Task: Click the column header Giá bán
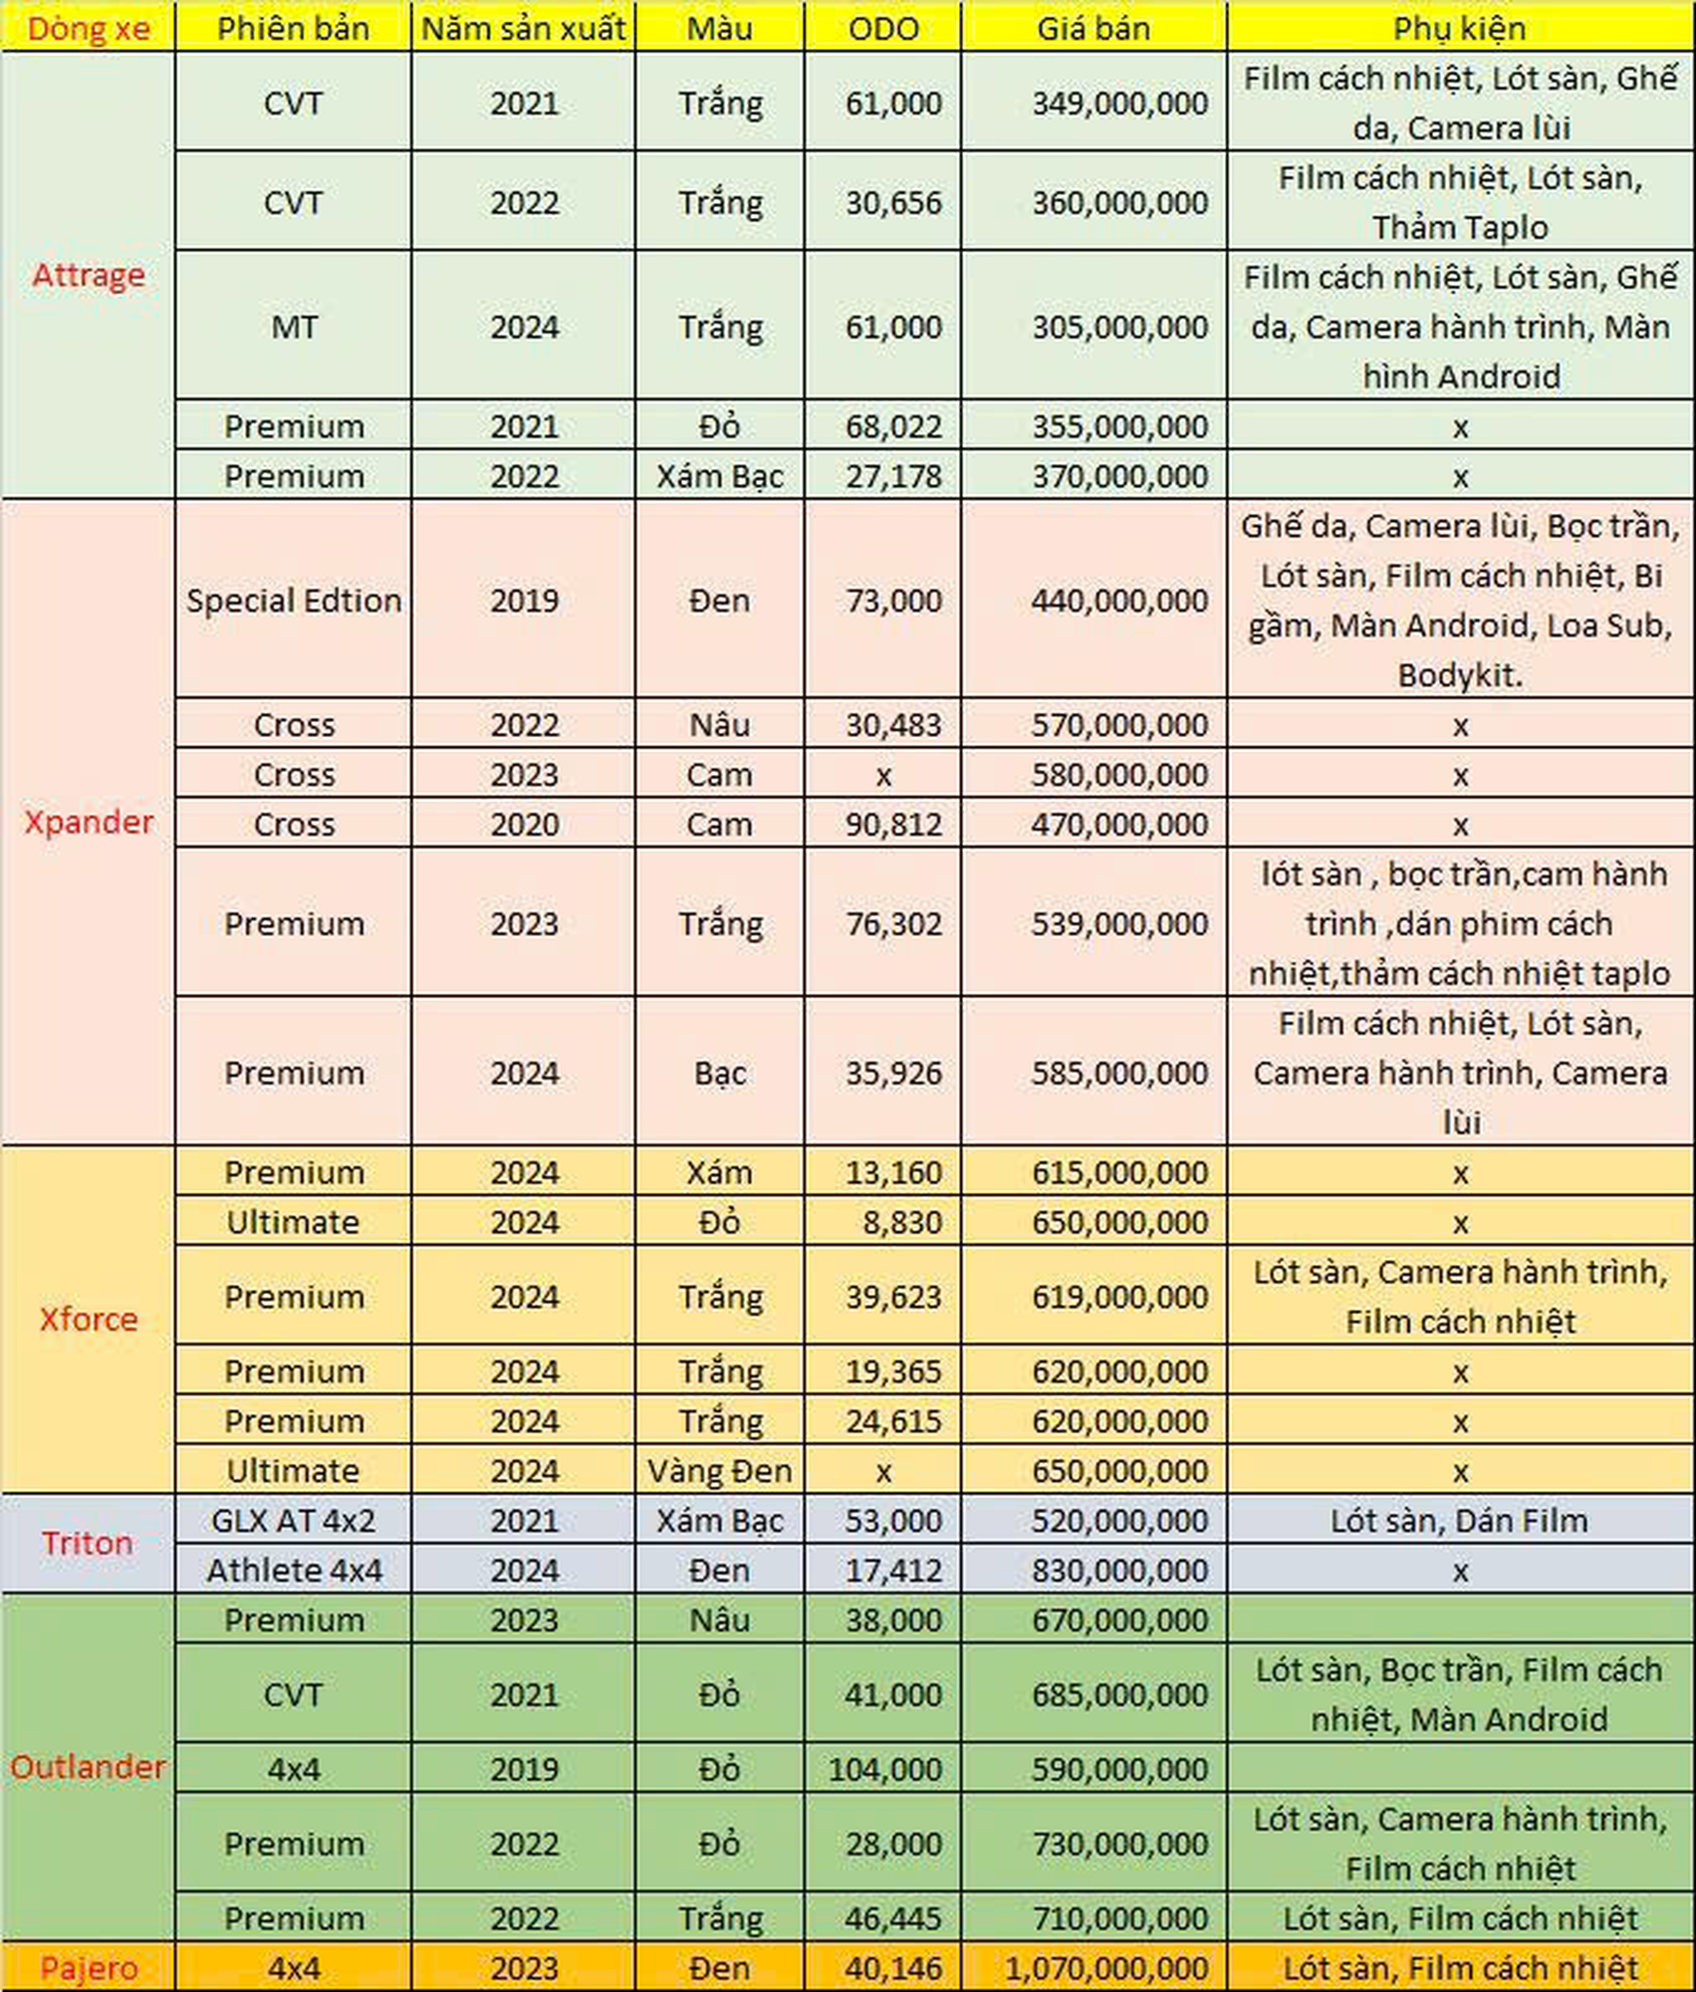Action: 1092,28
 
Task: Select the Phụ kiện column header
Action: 1459,28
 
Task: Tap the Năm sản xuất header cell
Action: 524,28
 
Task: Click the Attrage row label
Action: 88,275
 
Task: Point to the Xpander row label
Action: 88,822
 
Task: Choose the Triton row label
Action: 88,1543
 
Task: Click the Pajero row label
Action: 88,1968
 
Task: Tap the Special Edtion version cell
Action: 294,600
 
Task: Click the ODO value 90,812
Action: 893,824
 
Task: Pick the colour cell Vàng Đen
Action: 719,1470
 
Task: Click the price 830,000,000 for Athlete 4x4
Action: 1119,1570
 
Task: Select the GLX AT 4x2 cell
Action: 294,1520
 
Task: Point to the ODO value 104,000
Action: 884,1769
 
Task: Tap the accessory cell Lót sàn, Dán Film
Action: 1459,1520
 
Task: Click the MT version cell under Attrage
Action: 294,327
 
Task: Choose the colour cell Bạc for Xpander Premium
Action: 719,1073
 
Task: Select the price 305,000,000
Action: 1119,327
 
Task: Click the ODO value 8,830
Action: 901,1222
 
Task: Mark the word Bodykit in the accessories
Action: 1457,675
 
